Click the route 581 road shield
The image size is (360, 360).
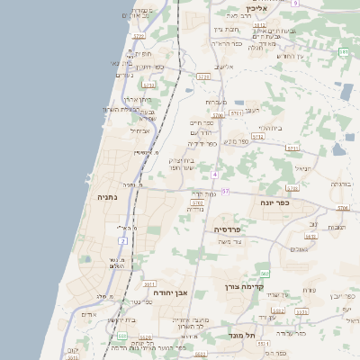[343, 53]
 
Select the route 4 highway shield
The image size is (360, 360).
[216, 175]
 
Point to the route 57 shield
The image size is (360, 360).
[225, 192]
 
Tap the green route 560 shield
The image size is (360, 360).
[265, 273]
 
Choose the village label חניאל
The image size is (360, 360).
[301, 166]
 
